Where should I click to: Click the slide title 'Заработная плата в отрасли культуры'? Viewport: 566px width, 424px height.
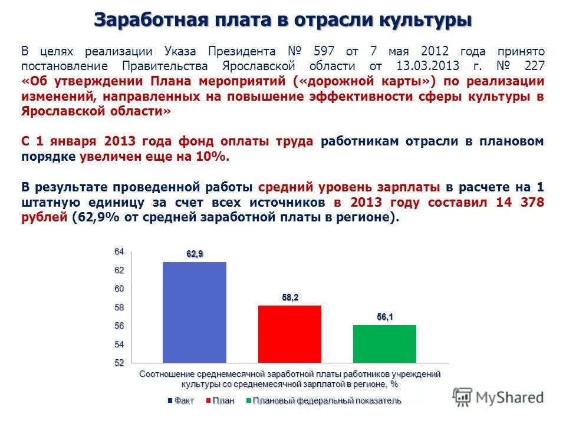(x=283, y=19)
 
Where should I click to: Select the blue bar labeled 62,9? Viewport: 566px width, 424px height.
(x=194, y=312)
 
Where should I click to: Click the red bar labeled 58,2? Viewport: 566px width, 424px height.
(x=289, y=333)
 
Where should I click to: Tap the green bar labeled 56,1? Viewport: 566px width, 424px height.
(x=384, y=343)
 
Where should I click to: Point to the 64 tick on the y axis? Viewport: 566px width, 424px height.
(x=119, y=252)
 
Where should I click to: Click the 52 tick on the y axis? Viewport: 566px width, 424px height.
(x=119, y=363)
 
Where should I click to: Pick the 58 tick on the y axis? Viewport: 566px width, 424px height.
(x=119, y=307)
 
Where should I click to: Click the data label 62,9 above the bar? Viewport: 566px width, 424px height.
(x=195, y=254)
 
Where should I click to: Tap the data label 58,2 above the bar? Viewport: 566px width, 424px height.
(x=290, y=297)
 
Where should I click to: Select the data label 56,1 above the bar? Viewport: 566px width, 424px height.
(x=385, y=317)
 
